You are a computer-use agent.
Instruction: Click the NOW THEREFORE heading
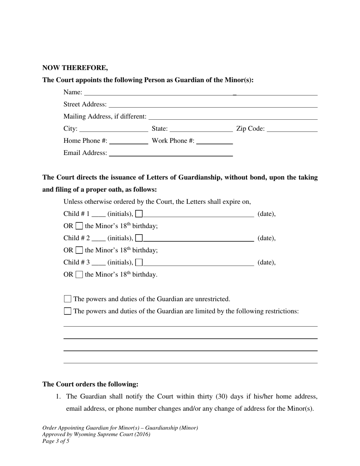75,68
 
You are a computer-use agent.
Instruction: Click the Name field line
200,92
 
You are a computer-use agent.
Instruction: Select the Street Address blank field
213,104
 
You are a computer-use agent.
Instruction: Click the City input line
114,129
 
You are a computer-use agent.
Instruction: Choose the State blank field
201,129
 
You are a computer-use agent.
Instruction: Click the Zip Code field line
292,129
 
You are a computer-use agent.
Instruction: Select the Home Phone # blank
128,141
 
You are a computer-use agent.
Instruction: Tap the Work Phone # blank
214,141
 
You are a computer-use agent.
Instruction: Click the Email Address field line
171,153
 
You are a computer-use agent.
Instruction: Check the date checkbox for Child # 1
139,214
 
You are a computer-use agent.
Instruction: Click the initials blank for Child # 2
99,238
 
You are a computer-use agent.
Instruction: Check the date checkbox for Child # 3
139,263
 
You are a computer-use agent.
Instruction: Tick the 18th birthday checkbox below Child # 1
79,226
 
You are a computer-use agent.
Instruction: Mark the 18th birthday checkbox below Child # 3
79,275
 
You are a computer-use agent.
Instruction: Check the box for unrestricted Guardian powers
68,299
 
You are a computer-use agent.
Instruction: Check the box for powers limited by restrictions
68,311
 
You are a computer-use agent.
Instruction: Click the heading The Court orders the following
90,384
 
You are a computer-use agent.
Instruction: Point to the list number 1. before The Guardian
58,397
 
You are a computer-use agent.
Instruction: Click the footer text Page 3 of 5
56,441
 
